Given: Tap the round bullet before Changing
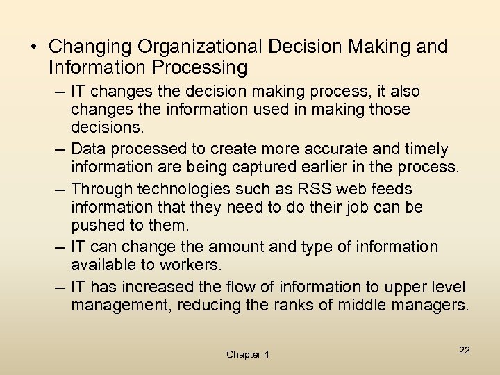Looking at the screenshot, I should [x=33, y=47].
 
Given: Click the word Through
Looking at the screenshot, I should [x=101, y=189].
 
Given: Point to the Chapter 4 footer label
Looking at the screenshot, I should [x=248, y=355].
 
